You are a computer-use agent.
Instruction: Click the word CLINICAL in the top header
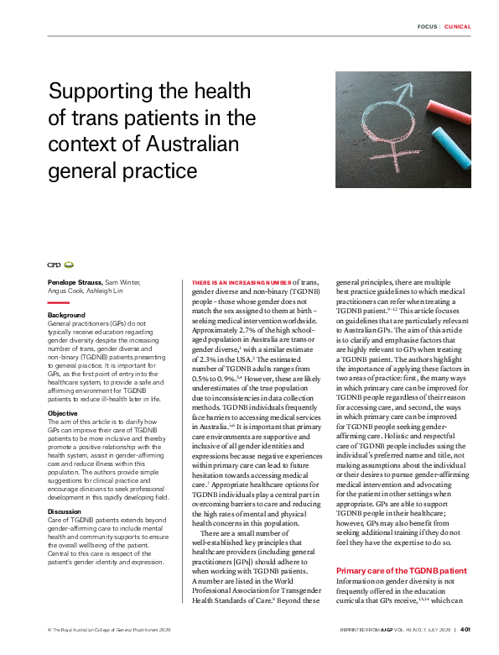(x=457, y=27)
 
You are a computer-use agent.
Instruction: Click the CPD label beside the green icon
(x=55, y=265)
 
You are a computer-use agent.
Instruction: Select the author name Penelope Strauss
(x=75, y=281)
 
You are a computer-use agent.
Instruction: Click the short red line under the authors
(x=58, y=302)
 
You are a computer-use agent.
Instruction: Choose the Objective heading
(x=63, y=390)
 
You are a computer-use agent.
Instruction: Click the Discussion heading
(x=65, y=487)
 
